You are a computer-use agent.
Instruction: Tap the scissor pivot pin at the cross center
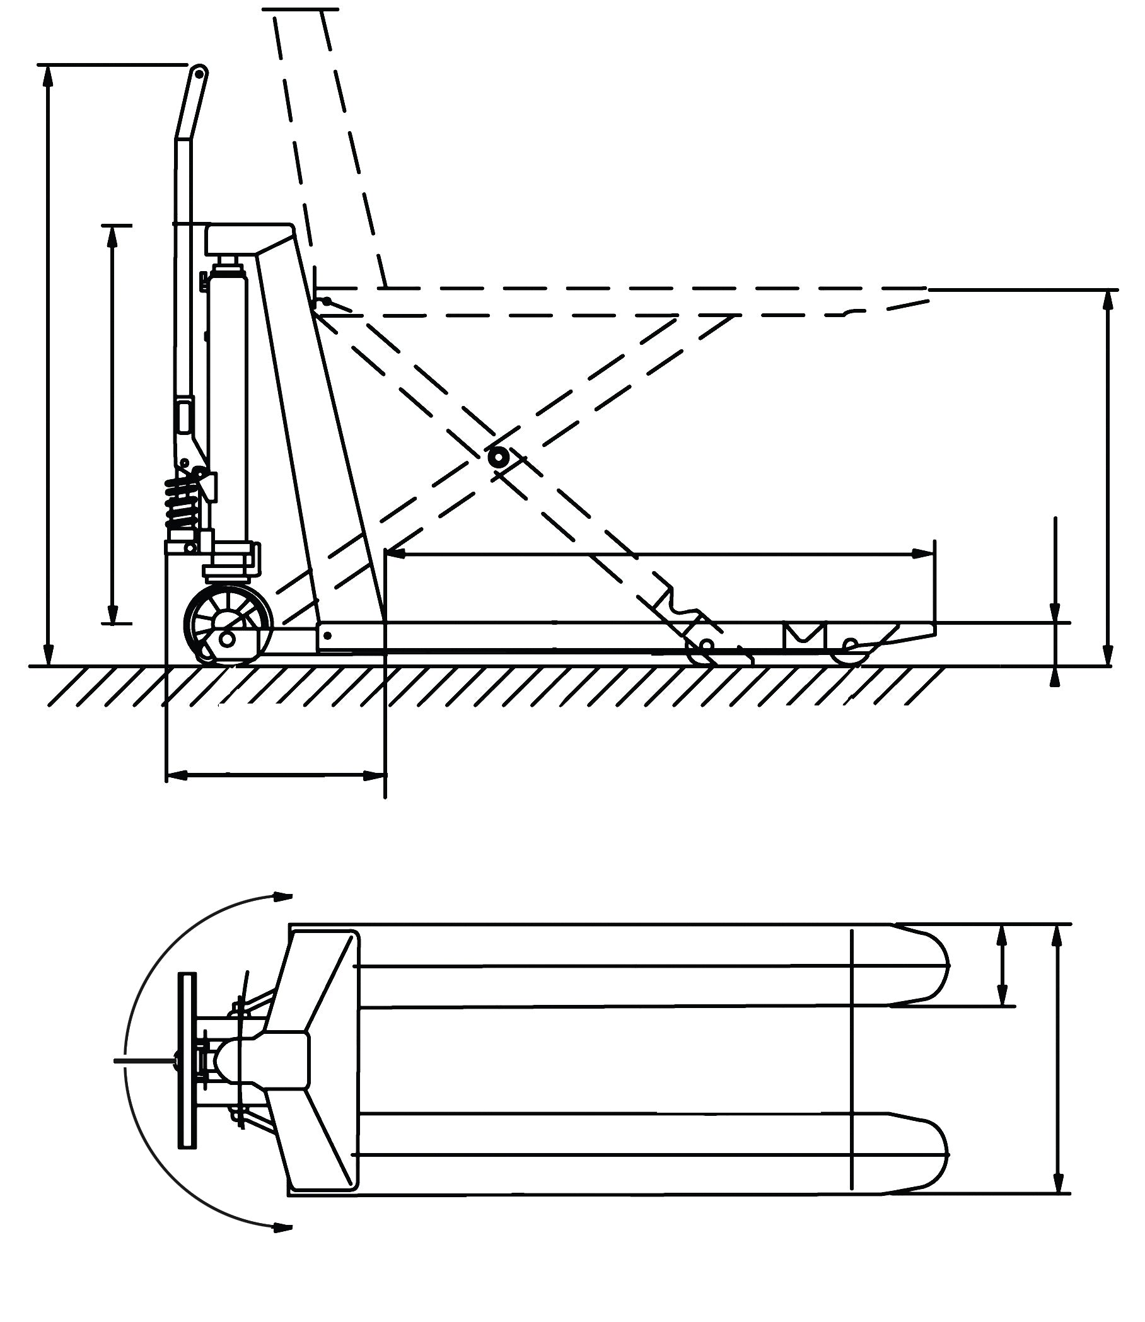497,458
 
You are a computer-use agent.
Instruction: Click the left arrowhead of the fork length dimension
396,554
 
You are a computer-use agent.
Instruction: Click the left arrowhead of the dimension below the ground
177,775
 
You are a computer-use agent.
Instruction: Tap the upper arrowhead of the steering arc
282,896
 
